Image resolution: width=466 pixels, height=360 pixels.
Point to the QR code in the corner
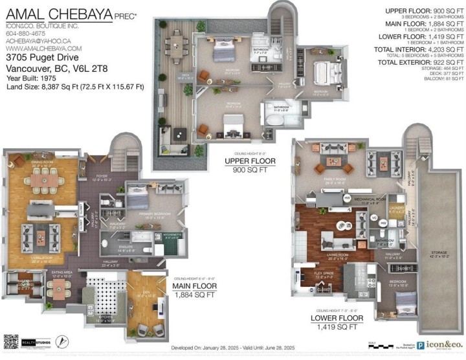pos(11,342)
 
